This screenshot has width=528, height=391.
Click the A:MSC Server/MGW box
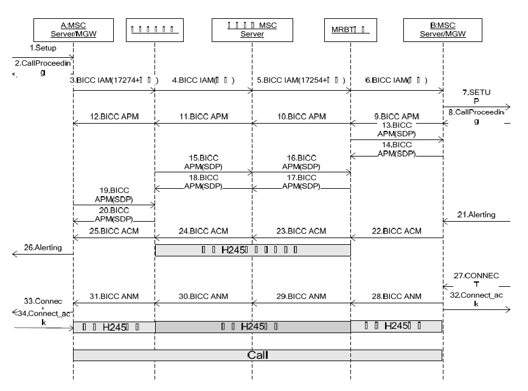click(x=74, y=31)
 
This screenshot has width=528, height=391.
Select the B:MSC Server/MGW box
click(x=442, y=31)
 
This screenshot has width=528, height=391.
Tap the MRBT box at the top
click(x=350, y=31)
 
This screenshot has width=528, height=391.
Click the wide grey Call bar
click(x=257, y=354)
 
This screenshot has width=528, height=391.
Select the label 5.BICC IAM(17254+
click(x=301, y=80)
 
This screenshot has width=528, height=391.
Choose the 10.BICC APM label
click(x=301, y=116)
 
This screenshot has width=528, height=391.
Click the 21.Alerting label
click(x=479, y=214)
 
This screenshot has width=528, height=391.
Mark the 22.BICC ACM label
click(x=397, y=231)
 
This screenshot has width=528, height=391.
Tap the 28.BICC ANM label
click(x=397, y=296)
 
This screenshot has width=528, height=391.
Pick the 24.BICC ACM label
click(x=204, y=231)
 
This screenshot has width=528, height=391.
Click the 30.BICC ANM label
click(x=204, y=296)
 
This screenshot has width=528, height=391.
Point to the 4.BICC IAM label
click(x=204, y=80)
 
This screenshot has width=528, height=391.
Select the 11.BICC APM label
click(x=204, y=116)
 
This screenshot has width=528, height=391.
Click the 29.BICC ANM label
click(x=301, y=296)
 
